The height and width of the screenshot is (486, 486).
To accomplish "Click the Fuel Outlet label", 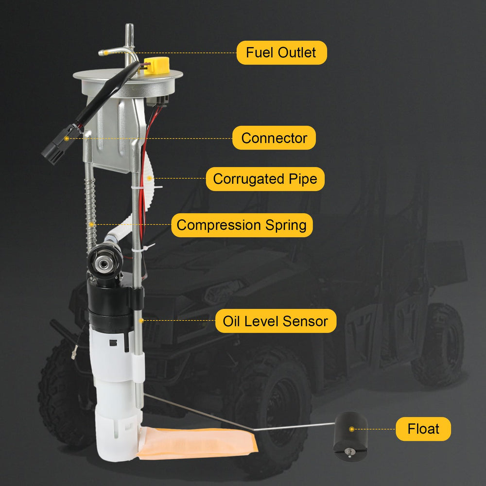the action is [x=281, y=52].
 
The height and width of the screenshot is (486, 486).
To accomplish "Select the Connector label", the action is [x=274, y=138].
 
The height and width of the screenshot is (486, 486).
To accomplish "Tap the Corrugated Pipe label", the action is [x=265, y=179].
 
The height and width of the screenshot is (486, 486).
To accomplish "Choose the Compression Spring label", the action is [x=242, y=225].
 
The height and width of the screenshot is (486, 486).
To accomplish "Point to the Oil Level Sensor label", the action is [x=276, y=321].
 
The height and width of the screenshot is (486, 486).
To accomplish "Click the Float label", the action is [x=423, y=429].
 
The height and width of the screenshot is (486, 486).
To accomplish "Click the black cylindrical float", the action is [x=350, y=436].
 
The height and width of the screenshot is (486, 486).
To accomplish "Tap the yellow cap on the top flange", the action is [x=156, y=66].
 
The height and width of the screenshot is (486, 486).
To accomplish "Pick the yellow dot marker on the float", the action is [x=351, y=429].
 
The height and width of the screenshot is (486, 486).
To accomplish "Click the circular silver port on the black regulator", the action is [x=102, y=264].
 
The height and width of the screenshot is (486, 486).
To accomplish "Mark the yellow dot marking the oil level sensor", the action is [x=141, y=321].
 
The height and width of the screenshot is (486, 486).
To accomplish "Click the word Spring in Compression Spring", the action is [x=286, y=226].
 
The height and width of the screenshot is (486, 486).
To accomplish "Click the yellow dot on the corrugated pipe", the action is [x=149, y=178].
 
